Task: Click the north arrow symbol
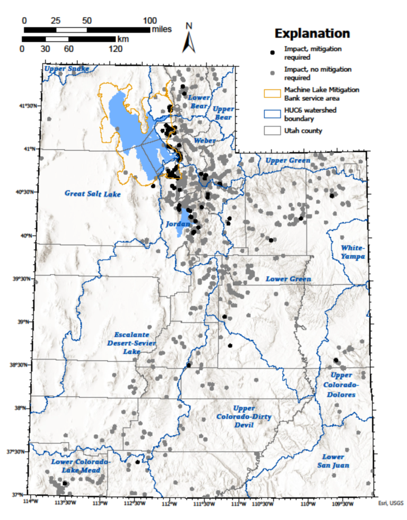[189, 38]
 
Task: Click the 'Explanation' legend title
[312, 33]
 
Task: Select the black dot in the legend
[272, 52]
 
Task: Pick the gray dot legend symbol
[272, 73]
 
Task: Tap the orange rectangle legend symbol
[272, 93]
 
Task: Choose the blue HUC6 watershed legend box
[272, 113]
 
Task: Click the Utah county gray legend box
[272, 130]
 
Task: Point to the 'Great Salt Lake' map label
[93, 194]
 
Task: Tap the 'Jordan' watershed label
[178, 225]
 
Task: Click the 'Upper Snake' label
[66, 69]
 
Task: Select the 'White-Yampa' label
[353, 252]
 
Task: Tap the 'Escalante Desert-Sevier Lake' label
[131, 343]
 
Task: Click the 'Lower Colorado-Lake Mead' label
[81, 465]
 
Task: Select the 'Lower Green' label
[289, 279]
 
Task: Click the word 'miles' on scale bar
[162, 29]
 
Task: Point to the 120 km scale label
[116, 49]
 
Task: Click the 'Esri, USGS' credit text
[388, 504]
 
